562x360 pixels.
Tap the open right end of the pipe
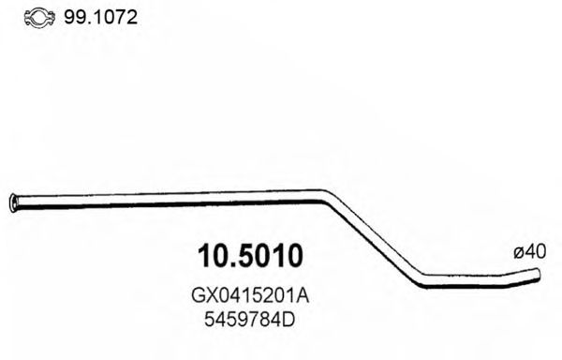(539, 274)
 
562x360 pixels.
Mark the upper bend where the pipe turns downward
(326, 197)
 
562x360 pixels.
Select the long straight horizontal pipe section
(169, 197)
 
